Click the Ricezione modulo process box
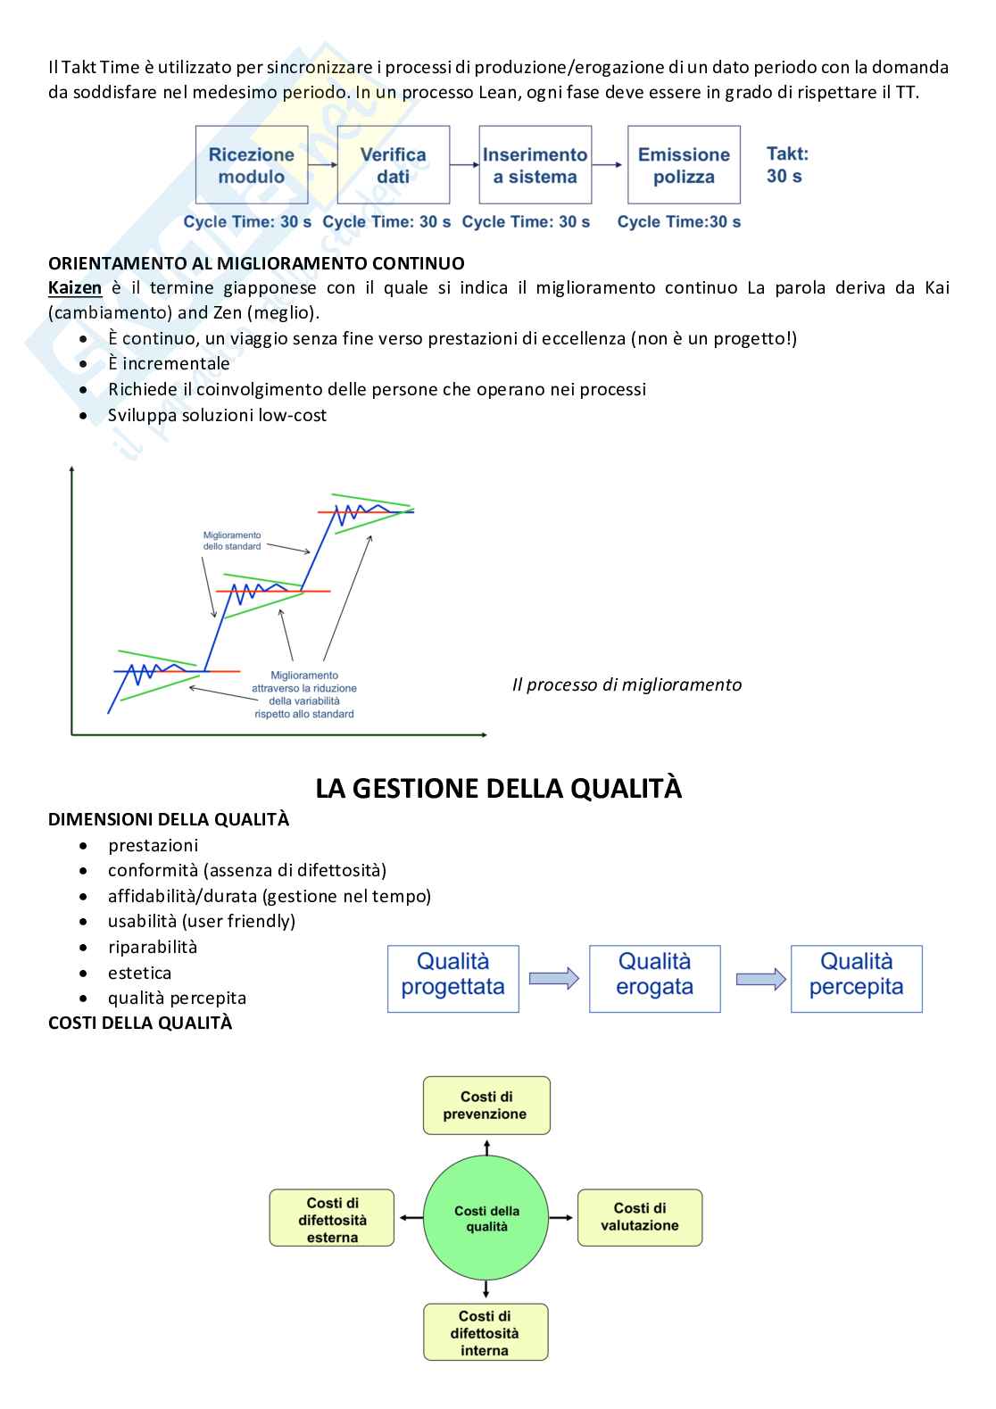click(x=252, y=165)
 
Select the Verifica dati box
click(x=393, y=165)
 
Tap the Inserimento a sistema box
click(x=535, y=165)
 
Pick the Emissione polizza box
click(x=684, y=165)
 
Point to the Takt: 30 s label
click(x=786, y=165)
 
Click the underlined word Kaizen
click(x=75, y=288)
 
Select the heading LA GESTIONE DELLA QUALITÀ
click(x=498, y=789)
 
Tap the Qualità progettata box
click(x=452, y=979)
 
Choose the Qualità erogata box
click(x=654, y=979)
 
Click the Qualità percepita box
click(x=856, y=979)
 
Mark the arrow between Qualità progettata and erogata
click(x=553, y=979)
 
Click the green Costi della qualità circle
click(x=486, y=1218)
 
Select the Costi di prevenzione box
click(x=486, y=1106)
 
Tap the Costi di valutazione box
click(x=639, y=1217)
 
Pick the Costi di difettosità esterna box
click(x=332, y=1218)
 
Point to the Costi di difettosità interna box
click(x=485, y=1332)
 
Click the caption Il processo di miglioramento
click(x=627, y=684)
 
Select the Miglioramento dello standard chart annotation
click(x=232, y=541)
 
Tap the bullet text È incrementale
click(x=169, y=364)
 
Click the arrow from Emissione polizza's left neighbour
click(x=609, y=165)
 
